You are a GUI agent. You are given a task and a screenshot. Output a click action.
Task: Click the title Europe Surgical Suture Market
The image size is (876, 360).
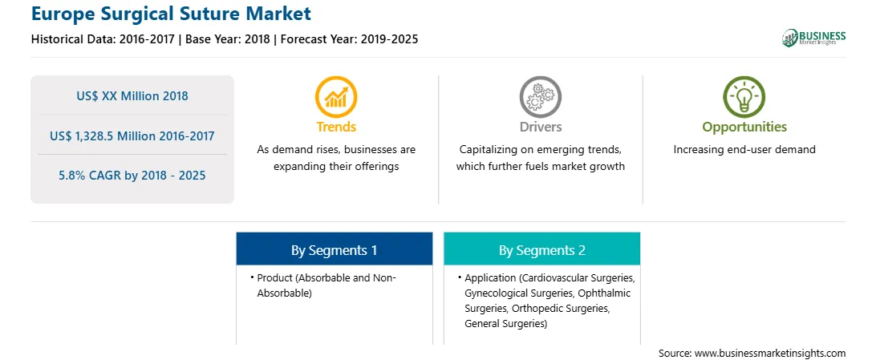coord(171,14)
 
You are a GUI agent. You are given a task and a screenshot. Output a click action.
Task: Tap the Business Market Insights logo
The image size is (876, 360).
coord(813,38)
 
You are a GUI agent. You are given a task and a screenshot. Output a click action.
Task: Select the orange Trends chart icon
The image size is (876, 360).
coord(336,96)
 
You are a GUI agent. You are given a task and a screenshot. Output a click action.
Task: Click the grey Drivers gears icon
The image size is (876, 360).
coord(540,96)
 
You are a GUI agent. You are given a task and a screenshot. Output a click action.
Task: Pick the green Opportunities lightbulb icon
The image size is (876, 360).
coord(744,96)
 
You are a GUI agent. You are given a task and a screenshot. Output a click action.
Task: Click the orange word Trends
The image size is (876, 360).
coord(336,127)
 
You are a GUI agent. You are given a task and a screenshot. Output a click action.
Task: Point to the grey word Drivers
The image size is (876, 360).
coord(541,127)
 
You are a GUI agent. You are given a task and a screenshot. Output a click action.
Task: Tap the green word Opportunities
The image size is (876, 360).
coord(744,127)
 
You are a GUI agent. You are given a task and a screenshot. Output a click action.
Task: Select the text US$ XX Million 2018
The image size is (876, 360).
coord(132,96)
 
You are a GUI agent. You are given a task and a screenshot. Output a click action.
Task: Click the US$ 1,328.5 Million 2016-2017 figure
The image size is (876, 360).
coord(132,136)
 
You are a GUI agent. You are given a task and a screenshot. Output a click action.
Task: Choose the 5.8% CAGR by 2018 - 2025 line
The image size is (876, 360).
coord(132,176)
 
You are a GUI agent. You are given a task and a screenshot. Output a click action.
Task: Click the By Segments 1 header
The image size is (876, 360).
coord(334,250)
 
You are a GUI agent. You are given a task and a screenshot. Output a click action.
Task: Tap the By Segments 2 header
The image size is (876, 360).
coord(542,250)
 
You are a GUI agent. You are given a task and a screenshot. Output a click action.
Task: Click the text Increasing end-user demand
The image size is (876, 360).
coord(744,150)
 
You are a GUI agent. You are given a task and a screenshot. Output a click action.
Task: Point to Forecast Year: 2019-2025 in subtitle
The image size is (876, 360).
coord(347,39)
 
